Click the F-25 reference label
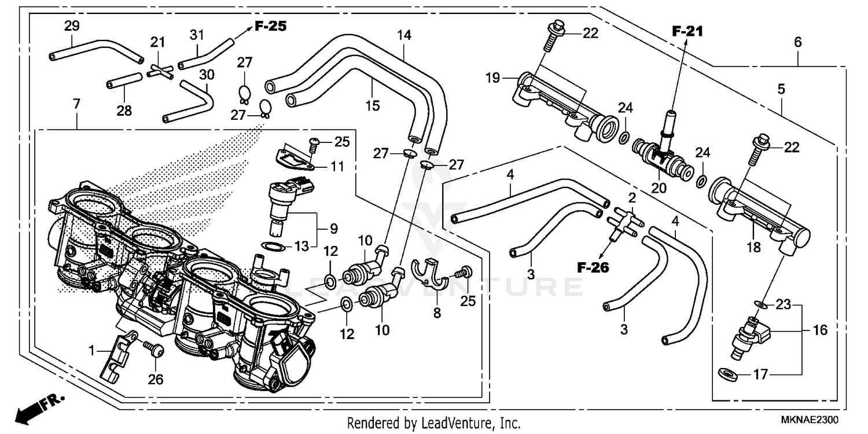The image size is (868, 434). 271,26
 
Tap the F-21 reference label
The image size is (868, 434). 686,32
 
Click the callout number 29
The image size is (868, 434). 72,26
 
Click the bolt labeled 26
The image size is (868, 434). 153,350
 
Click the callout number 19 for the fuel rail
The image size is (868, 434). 492,78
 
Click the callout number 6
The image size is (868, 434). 798,42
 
